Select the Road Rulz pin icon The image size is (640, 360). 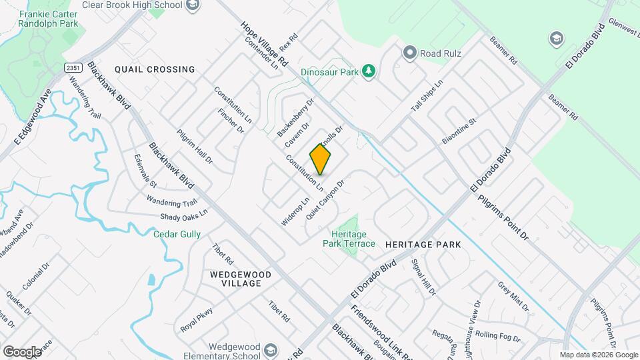coord(409,52)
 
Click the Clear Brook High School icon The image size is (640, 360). coord(193,6)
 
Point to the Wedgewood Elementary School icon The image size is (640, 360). coord(270,351)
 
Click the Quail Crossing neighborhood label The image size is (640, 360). coord(155,69)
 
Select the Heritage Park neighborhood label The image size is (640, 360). coord(423,245)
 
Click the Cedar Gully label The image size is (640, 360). coord(177,234)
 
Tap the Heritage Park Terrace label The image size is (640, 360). coord(349,239)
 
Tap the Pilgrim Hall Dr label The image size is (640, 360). coord(193,147)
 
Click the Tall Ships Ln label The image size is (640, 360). coord(427,99)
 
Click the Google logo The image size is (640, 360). coord(22,351)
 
